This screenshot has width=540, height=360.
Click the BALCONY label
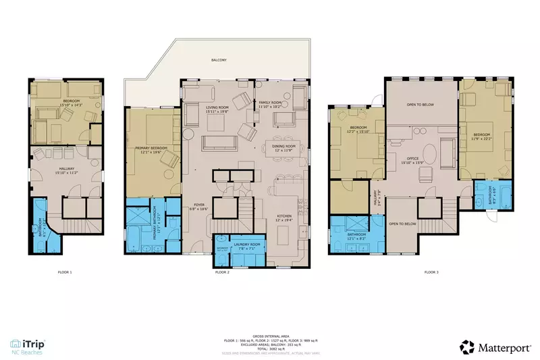[218, 60]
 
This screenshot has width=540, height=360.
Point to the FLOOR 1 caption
[65, 272]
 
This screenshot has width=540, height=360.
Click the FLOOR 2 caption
[222, 272]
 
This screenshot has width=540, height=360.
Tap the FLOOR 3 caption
[431, 272]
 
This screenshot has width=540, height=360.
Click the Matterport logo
[495, 346]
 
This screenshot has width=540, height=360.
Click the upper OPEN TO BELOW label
[420, 105]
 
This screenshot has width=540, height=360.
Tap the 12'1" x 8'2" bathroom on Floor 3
[356, 236]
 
